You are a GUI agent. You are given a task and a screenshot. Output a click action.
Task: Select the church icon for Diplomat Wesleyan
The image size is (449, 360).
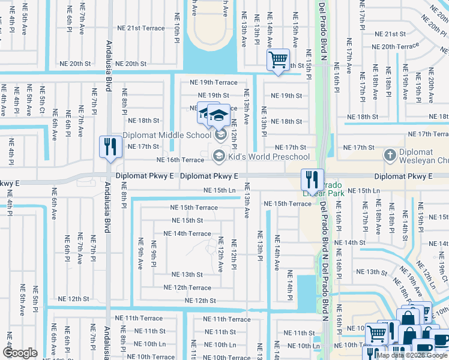pos(390,156)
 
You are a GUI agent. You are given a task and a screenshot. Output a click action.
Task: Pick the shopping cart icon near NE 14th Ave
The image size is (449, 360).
pos(278,61)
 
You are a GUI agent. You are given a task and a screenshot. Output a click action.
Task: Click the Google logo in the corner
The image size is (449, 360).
pos(20,353)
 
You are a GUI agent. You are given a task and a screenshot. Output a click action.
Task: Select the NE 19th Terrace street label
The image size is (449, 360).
pos(213,83)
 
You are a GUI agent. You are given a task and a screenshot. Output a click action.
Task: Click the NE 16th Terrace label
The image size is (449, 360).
pos(180,160)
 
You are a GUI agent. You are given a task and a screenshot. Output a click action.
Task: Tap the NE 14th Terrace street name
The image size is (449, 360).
pos(187,233)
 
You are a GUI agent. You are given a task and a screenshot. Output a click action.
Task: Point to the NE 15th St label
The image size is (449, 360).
pos(187,220)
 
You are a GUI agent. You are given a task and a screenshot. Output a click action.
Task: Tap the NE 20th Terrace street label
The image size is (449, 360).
pos(395,46)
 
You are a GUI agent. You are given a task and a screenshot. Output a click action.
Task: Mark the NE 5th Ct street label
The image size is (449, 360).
pos(42,102)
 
